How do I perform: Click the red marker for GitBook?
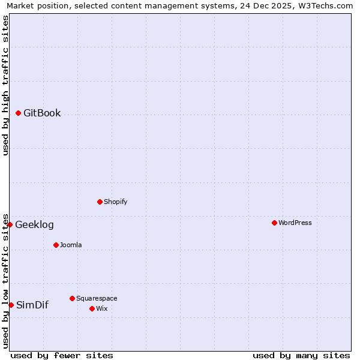pos(18,113)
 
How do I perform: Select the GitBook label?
pos(42,113)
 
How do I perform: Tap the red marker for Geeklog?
pos(10,224)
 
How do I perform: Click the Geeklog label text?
pos(34,225)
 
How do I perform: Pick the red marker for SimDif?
pos(11,305)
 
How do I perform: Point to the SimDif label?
pos(32,305)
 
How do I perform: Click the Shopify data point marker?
pos(100,202)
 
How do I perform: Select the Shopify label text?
pos(116,202)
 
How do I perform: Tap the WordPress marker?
pos(274,223)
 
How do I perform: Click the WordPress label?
pos(295,223)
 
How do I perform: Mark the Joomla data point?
pos(56,245)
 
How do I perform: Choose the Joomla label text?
pos(71,245)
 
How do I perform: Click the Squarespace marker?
pos(72,298)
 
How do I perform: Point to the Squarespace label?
pos(97,298)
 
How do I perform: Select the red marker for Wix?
pos(92,308)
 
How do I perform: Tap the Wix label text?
pos(102,308)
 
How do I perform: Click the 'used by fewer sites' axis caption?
pos(62,355)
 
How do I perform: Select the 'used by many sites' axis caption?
pos(301,355)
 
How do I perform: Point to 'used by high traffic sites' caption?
pos(6,85)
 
